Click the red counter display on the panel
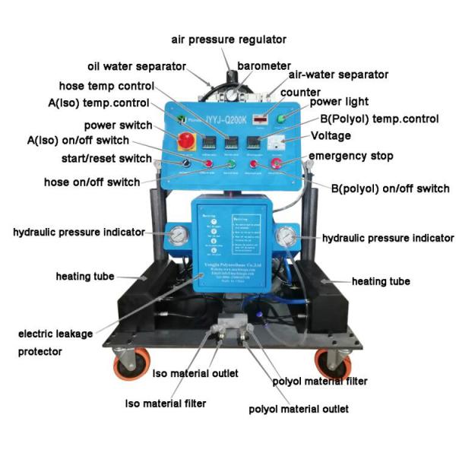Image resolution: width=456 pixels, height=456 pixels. pyautogui.click(x=261, y=119)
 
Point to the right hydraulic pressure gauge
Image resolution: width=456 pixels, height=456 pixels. pyautogui.click(x=287, y=235)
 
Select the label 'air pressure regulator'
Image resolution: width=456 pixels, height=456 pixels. pyautogui.click(x=228, y=40)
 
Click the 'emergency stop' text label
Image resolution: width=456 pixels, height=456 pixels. pyautogui.click(x=350, y=156)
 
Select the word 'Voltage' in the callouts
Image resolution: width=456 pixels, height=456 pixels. pyautogui.click(x=331, y=135)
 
